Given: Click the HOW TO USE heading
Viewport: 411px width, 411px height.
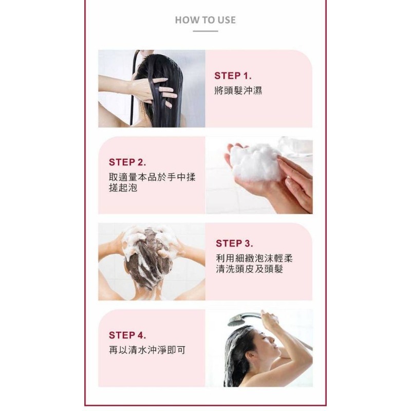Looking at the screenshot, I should point(205,20).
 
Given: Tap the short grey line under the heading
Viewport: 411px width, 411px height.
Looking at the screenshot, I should point(205,31).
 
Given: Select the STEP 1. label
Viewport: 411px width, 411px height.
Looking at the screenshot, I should point(233,76).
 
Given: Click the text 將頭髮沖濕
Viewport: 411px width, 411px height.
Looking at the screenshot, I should point(238,91).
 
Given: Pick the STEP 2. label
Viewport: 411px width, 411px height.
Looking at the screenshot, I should point(127,162).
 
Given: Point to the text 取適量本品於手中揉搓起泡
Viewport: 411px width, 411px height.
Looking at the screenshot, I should point(152,182).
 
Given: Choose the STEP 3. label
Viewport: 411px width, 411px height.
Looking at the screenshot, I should point(234,243).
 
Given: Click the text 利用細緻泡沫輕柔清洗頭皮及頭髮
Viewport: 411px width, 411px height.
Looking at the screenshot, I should point(255,264).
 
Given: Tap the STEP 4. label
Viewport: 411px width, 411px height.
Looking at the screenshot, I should point(127,335).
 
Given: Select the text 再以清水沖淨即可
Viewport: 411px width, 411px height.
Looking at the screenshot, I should point(147,350).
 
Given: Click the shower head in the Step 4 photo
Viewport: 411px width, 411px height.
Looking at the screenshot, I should point(236,320).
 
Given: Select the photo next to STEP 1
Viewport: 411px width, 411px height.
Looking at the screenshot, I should point(152,88).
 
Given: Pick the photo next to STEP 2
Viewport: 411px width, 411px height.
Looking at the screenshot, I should point(259,175).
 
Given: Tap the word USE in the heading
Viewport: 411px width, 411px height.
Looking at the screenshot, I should point(226,20).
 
